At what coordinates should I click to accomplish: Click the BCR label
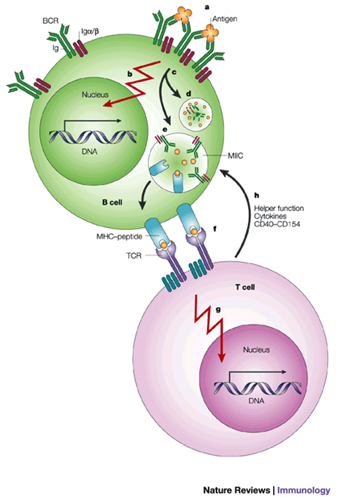[x=50, y=21]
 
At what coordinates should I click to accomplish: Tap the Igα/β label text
[x=88, y=32]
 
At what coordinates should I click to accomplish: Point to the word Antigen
[x=225, y=19]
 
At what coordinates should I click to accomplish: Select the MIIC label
[x=235, y=156]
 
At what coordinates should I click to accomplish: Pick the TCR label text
[x=134, y=255]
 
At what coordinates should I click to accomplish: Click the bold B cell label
[x=112, y=202]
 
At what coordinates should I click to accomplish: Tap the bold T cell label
[x=245, y=287]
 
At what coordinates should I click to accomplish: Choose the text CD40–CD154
[x=277, y=224]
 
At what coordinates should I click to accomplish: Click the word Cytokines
[x=270, y=216]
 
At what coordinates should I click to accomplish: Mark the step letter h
[x=257, y=196]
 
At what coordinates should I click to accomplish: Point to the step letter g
[x=218, y=310]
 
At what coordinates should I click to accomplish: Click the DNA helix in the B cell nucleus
[x=92, y=137]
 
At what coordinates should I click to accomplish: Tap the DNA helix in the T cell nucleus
[x=258, y=388]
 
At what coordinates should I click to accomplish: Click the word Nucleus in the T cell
[x=256, y=350]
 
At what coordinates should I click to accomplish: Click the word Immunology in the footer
[x=304, y=490]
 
